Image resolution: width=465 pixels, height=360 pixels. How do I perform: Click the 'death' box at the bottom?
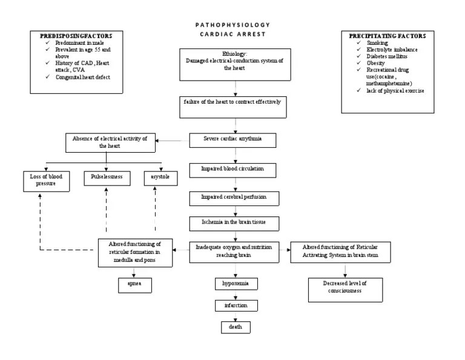pos(235,327)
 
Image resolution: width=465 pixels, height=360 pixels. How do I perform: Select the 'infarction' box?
pos(235,305)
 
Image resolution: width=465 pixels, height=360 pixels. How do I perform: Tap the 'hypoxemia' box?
pos(235,284)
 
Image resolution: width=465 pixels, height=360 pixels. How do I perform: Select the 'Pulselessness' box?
pos(107,178)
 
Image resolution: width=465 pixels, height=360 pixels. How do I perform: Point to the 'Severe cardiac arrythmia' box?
pos(234,139)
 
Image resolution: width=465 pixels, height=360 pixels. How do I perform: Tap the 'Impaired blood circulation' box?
pos(234,168)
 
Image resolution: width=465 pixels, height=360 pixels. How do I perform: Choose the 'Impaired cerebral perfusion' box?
pos(234,197)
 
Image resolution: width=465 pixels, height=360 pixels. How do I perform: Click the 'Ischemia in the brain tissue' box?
pos(234,223)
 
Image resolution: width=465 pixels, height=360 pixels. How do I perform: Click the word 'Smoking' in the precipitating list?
pos(377,43)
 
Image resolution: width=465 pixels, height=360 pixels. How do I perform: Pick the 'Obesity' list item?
pos(376,63)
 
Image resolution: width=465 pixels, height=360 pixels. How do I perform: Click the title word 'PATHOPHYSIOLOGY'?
pos(233,25)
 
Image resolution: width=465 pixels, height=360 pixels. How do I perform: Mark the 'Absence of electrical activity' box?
pos(110,142)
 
